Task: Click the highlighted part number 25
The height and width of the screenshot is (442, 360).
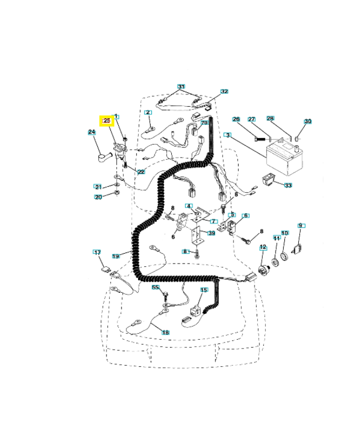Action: [107, 120]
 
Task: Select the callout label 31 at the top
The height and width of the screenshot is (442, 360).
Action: [181, 87]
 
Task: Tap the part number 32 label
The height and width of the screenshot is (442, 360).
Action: [224, 92]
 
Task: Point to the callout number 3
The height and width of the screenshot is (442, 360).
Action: [227, 135]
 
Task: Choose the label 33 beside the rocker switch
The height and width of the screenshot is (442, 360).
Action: [288, 185]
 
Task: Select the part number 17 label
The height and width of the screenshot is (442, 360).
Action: [97, 252]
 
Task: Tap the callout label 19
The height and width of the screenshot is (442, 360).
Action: [116, 256]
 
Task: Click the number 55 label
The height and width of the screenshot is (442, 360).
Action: [156, 288]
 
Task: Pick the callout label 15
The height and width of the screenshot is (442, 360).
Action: [204, 290]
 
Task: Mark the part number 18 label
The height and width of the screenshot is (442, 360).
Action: [165, 332]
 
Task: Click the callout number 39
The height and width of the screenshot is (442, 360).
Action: [211, 233]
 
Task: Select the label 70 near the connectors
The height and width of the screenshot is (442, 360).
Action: [204, 123]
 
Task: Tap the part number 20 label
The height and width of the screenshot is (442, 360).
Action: [98, 197]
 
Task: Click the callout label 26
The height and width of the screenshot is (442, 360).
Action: [236, 119]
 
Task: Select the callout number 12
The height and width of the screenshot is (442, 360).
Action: [263, 247]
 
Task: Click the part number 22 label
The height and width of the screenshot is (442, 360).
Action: [141, 172]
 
